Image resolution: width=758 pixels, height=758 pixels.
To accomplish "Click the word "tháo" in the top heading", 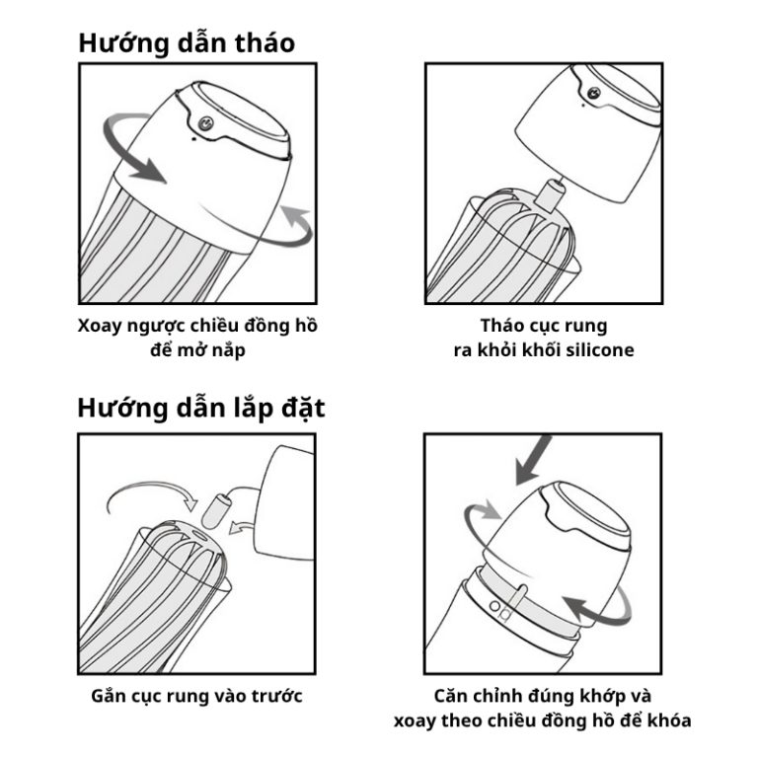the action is [265, 43].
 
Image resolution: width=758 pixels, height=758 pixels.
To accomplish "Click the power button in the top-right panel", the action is [593, 93].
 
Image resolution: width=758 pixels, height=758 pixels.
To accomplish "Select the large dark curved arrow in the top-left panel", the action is [126, 145].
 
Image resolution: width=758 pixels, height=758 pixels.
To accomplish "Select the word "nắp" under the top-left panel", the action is [229, 350].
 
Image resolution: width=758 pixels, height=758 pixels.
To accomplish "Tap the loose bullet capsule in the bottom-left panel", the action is [217, 510].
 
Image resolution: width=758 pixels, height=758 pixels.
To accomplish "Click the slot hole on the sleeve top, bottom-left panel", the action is [199, 535].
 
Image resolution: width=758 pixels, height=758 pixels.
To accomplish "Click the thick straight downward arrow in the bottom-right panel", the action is [532, 459].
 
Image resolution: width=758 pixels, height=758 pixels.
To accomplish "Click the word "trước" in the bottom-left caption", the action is [278, 697].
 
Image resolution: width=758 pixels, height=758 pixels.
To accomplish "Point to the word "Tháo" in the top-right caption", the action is [500, 326].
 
